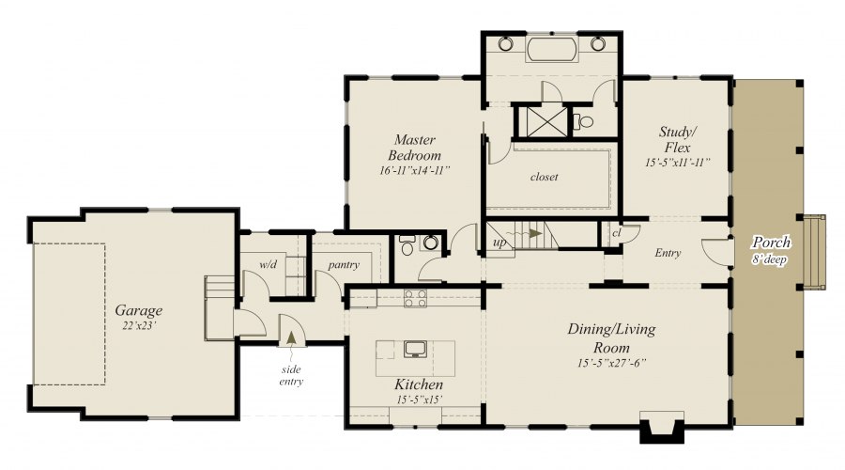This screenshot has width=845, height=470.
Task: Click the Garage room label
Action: tap(139, 311)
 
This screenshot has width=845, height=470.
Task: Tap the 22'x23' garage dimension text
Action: tap(139, 325)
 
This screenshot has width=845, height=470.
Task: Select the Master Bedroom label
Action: tap(414, 148)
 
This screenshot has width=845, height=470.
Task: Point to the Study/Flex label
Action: tap(677, 139)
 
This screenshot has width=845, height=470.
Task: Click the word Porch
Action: tap(772, 243)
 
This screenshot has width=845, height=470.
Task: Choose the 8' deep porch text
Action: tap(770, 259)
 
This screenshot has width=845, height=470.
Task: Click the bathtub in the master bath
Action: tap(551, 49)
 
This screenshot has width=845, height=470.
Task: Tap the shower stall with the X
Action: tap(546, 121)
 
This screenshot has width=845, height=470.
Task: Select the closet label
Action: tap(544, 177)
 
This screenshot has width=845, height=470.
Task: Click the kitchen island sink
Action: tap(415, 349)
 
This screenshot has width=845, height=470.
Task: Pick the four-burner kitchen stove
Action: tap(415, 298)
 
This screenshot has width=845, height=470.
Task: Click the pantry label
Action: tap(344, 265)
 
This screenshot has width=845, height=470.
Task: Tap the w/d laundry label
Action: tap(268, 264)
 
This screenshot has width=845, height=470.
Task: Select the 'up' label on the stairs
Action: tap(499, 243)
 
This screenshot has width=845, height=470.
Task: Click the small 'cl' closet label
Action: tap(617, 233)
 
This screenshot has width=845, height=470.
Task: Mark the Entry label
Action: tap(668, 253)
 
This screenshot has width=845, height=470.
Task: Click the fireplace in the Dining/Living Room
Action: tap(662, 428)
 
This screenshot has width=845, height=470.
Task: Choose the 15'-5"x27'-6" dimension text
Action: tap(611, 363)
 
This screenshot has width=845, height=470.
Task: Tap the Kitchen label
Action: tap(419, 384)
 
